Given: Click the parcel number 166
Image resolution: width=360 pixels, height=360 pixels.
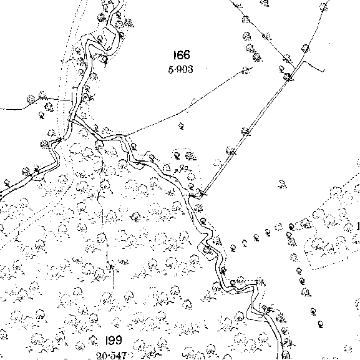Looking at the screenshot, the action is coord(182,55).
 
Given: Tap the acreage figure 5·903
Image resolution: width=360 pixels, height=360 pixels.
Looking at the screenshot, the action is coord(181,69).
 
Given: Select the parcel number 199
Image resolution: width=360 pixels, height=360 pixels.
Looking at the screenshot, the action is coord(114,340).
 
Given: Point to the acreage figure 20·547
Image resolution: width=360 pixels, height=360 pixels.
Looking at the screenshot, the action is coord(112,356).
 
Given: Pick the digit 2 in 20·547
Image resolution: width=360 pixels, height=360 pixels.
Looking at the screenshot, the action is coord(100,356).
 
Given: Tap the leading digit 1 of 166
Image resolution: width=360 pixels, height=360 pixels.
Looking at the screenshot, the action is coord(175,55).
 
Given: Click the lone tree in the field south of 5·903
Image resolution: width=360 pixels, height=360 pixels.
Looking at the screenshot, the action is coord(181,126).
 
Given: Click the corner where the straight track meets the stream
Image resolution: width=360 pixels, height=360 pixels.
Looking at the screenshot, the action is coord(201,196).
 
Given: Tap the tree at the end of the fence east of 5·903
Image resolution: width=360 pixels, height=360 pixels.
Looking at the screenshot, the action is coord(246,71).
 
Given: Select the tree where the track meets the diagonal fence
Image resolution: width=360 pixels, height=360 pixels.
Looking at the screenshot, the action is coord(288,76).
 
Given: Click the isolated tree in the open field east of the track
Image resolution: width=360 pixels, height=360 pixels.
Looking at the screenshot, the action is coord(282,184).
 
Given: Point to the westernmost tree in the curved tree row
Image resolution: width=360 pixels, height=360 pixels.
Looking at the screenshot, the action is coord(233,248).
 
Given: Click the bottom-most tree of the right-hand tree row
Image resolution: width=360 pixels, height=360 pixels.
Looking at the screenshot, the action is coord(321,324).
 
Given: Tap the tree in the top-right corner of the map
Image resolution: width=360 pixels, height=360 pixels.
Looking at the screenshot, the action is coord(324,7).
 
